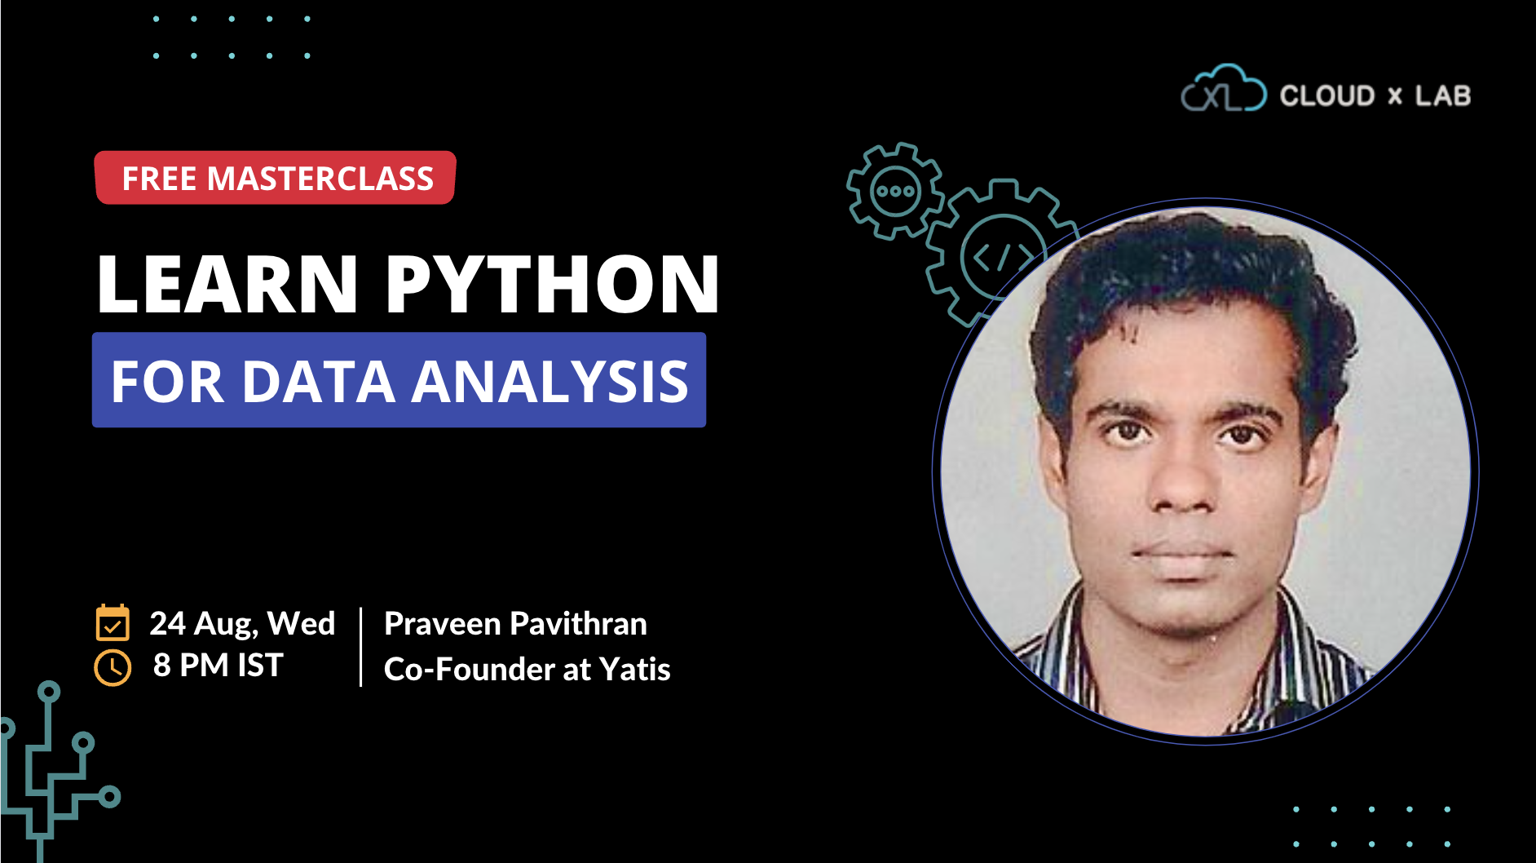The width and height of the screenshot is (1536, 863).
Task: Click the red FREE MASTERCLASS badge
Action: click(x=276, y=178)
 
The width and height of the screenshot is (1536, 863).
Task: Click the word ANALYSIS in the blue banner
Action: click(x=550, y=381)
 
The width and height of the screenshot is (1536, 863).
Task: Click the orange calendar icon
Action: click(x=113, y=623)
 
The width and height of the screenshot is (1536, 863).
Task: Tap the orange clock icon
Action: click(x=113, y=668)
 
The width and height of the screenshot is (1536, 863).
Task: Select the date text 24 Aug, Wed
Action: click(x=242, y=623)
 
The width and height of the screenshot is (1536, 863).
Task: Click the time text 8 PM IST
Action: click(x=218, y=666)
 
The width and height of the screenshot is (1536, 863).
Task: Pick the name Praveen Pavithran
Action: click(x=515, y=624)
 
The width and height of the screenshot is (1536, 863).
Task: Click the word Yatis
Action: click(x=635, y=670)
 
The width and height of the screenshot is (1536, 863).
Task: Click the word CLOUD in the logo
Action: click(x=1327, y=96)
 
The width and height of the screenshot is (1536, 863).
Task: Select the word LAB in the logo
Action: click(x=1442, y=96)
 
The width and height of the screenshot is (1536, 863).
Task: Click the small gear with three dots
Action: click(x=895, y=192)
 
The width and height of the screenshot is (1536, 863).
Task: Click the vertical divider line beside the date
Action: click(x=360, y=647)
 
